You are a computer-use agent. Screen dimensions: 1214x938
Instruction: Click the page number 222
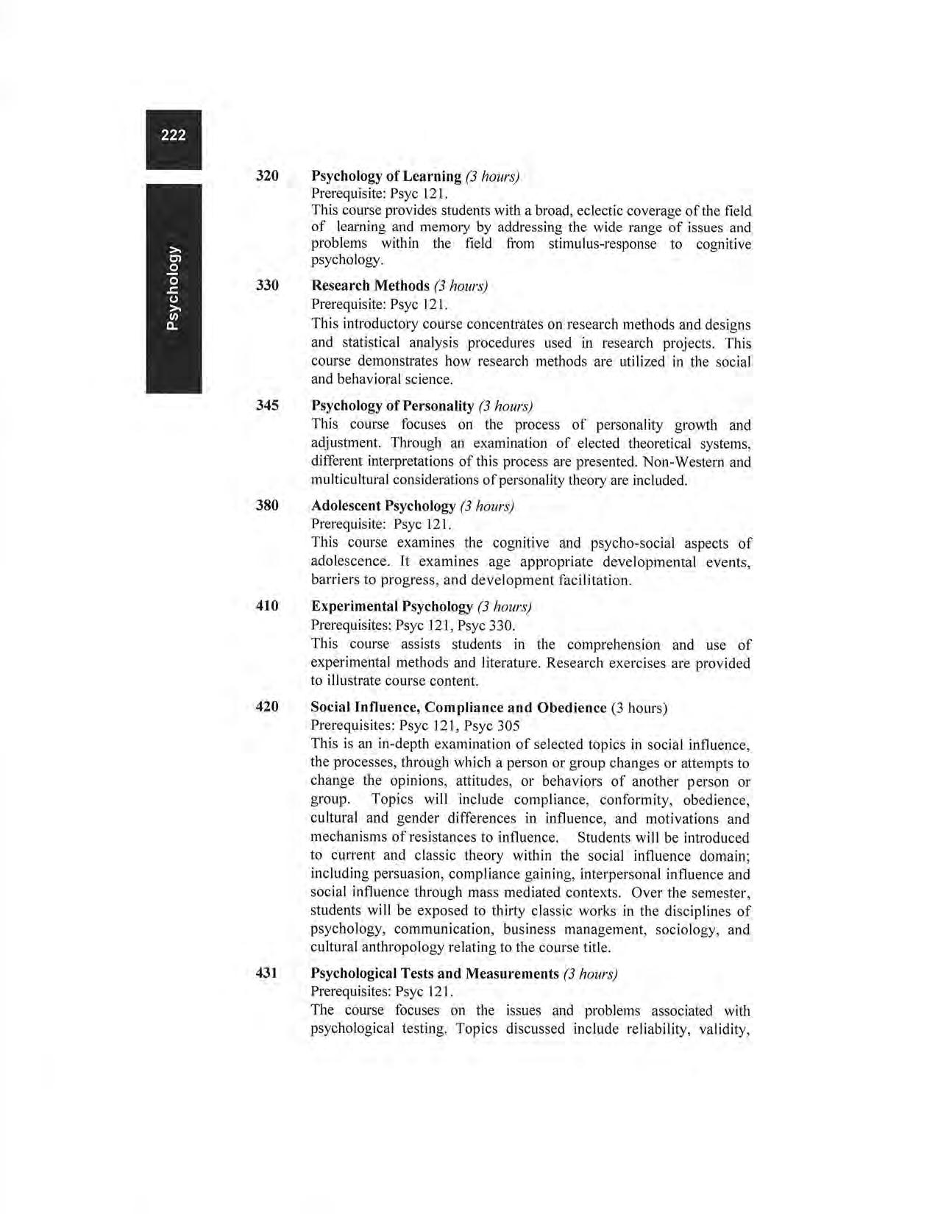pyautogui.click(x=174, y=135)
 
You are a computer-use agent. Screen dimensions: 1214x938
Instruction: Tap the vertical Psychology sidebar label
pyautogui.click(x=174, y=288)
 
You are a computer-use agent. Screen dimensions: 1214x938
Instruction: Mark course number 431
pyautogui.click(x=266, y=973)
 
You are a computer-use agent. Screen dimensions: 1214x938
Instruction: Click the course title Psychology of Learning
pyautogui.click(x=385, y=177)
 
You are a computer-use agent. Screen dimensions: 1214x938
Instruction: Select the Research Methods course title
pyautogui.click(x=370, y=285)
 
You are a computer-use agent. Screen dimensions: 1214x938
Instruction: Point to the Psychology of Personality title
pyautogui.click(x=392, y=406)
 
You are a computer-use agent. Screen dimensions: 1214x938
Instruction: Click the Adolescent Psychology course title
pyautogui.click(x=383, y=506)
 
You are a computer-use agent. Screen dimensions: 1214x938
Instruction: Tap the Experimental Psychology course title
pyautogui.click(x=391, y=606)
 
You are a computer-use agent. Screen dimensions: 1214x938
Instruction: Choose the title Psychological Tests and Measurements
pyautogui.click(x=435, y=974)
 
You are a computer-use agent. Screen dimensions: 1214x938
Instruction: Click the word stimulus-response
pyautogui.click(x=603, y=244)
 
